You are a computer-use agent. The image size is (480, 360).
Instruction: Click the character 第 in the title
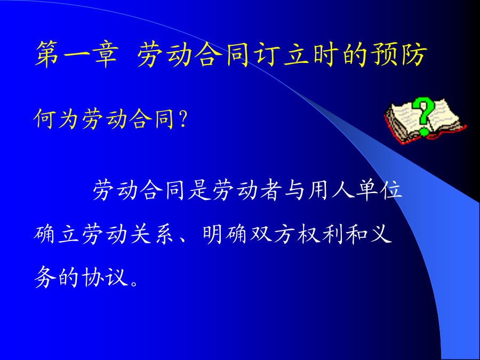pyautogui.click(x=47, y=54)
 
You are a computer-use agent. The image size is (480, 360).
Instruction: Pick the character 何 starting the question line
pyautogui.click(x=45, y=118)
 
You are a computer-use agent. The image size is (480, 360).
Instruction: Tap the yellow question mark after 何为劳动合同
pyautogui.click(x=183, y=119)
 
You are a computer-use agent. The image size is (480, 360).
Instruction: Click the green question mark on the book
pyautogui.click(x=423, y=116)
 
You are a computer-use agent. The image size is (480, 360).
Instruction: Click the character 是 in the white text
pyautogui.click(x=199, y=190)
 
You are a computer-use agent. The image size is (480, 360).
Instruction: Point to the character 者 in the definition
pyautogui.click(x=271, y=190)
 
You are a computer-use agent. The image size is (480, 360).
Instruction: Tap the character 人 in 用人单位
pyautogui.click(x=343, y=190)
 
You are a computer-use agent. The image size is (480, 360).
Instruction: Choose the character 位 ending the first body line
pyautogui.click(x=390, y=190)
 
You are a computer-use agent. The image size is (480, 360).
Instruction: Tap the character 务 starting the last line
pyautogui.click(x=45, y=277)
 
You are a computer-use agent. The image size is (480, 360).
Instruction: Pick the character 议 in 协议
pyautogui.click(x=116, y=277)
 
